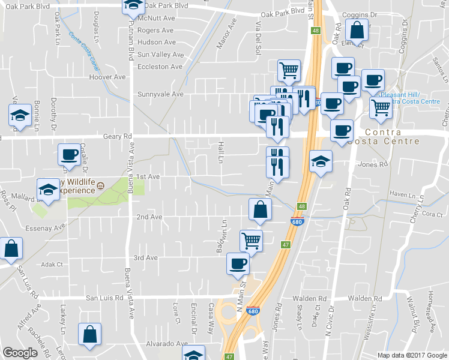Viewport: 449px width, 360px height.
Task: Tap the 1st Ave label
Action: [147, 176]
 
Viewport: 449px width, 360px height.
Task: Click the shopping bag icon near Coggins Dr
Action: [357, 31]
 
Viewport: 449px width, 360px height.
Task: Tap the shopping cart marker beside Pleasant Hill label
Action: [381, 109]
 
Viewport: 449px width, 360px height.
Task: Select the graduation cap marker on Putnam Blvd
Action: [133, 6]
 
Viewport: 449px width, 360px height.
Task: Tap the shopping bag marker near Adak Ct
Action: [11, 248]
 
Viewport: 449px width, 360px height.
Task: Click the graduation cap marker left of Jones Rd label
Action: [321, 161]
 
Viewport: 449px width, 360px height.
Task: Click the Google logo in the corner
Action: [20, 353]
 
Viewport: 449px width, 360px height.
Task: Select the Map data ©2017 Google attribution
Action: [411, 355]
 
